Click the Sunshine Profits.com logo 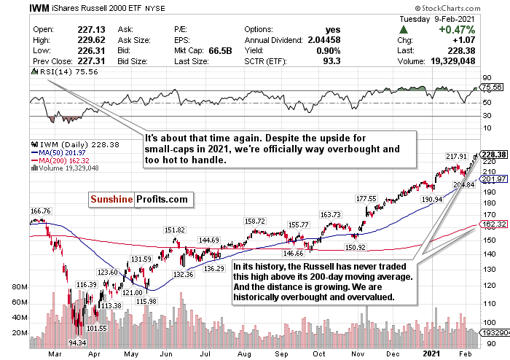point(130,199)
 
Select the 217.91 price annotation point(457,156)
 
